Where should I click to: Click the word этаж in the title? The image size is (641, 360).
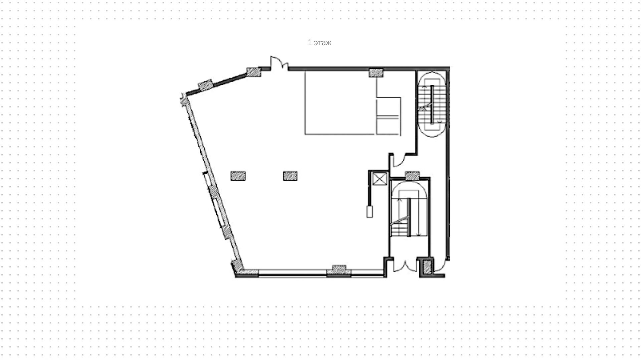click(x=323, y=43)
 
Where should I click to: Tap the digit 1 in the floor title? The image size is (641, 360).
click(x=310, y=43)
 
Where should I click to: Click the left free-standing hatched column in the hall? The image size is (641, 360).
click(x=238, y=176)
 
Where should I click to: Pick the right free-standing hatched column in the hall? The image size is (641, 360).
click(x=290, y=176)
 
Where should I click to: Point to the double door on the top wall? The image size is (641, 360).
click(x=279, y=64)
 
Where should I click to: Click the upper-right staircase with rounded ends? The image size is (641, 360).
click(x=432, y=104)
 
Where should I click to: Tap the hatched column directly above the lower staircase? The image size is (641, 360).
click(x=412, y=175)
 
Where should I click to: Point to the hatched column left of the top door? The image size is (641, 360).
click(x=253, y=72)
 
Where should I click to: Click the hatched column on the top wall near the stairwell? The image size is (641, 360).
click(x=376, y=73)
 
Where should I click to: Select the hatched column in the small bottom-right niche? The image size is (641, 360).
click(x=427, y=267)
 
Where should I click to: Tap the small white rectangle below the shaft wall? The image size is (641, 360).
click(x=370, y=212)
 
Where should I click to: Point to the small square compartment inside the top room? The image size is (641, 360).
click(x=388, y=107)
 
